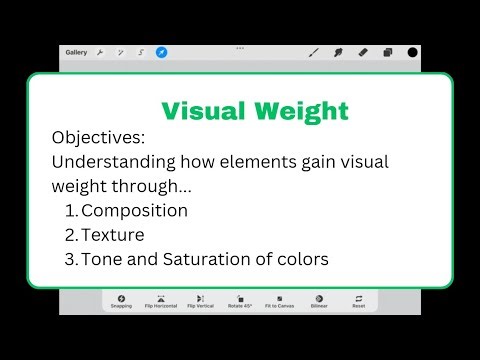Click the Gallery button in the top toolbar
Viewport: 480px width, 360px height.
pyautogui.click(x=76, y=52)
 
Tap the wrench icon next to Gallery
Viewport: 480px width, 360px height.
pyautogui.click(x=100, y=52)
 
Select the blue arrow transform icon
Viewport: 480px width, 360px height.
pyautogui.click(x=161, y=52)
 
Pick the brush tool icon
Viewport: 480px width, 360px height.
pyautogui.click(x=313, y=52)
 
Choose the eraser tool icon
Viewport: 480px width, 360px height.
pyautogui.click(x=362, y=52)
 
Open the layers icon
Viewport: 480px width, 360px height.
pyautogui.click(x=387, y=52)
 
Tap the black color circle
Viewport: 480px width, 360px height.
pyautogui.click(x=412, y=52)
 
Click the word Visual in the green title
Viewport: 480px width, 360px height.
pyautogui.click(x=203, y=109)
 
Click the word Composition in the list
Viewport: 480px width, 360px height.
pyautogui.click(x=134, y=210)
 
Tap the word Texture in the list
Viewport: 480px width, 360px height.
pyautogui.click(x=112, y=235)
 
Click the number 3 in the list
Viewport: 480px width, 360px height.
pyautogui.click(x=69, y=260)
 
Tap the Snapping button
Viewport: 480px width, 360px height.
pyautogui.click(x=121, y=302)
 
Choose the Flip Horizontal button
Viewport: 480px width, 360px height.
pyautogui.click(x=160, y=302)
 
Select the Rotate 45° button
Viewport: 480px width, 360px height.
pyautogui.click(x=240, y=302)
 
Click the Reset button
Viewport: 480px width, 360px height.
pyautogui.click(x=357, y=302)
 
